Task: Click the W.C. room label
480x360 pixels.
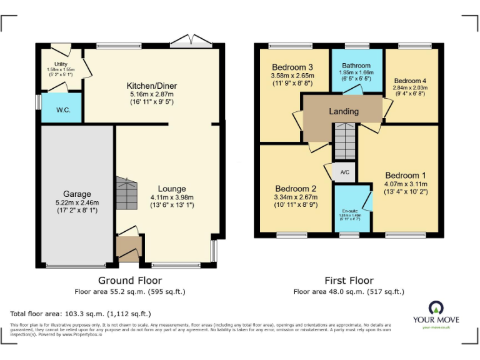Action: (63, 111)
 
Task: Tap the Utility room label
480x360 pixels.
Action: (61, 64)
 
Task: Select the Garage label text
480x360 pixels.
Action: (77, 194)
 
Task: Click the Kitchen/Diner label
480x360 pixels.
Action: (151, 86)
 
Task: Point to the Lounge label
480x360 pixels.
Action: (171, 189)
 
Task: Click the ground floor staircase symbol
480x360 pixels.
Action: (126, 192)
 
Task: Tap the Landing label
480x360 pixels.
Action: (344, 111)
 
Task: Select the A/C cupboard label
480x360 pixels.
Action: (344, 172)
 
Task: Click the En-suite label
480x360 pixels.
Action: (350, 211)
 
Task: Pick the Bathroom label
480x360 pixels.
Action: (356, 66)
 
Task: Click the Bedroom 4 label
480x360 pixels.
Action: (410, 81)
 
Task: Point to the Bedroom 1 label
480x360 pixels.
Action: (406, 175)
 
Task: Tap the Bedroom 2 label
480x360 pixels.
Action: (296, 189)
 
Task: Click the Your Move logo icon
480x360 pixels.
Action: (436, 307)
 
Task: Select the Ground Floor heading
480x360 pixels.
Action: (130, 281)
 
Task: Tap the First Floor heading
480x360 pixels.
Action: (349, 281)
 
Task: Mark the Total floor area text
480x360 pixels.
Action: (81, 314)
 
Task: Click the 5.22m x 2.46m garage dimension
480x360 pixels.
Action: (77, 202)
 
